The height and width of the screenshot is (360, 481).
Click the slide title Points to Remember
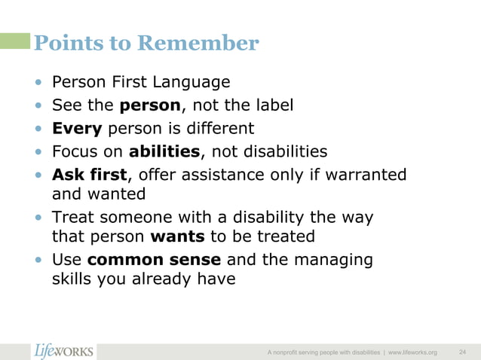tap(146, 43)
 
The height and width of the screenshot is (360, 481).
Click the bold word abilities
tap(164, 151)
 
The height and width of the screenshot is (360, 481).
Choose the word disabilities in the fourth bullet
tap(276, 151)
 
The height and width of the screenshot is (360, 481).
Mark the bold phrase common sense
tap(155, 260)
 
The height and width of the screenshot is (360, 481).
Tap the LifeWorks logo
tap(64, 351)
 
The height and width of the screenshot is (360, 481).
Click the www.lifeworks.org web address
tap(412, 352)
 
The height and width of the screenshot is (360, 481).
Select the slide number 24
tap(462, 352)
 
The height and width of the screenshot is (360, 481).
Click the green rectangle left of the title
tap(15, 41)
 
